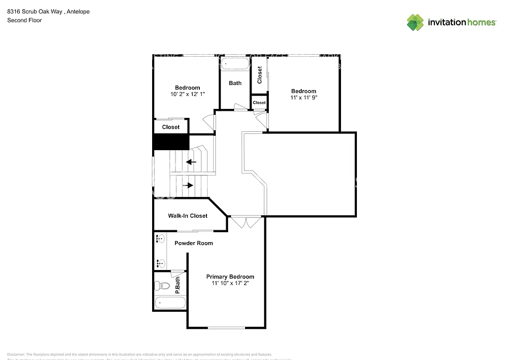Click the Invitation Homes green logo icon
tap(415, 22)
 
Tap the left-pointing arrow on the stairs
tap(191, 162)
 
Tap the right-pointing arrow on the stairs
tap(188, 185)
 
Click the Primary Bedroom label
tap(230, 276)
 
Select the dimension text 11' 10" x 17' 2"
tap(230, 283)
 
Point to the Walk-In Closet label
tap(187, 216)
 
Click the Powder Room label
tap(193, 243)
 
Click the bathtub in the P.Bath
tap(170, 302)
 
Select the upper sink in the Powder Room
tap(161, 239)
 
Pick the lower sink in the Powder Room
tap(161, 263)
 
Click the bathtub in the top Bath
tap(235, 64)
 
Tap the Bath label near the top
tap(235, 83)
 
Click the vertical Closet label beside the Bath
tap(259, 75)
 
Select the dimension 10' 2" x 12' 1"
tap(187, 94)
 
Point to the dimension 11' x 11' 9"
tap(304, 97)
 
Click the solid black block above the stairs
tap(170, 142)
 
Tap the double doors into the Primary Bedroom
tap(247, 222)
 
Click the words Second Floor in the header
tap(24, 20)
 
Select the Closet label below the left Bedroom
tap(170, 127)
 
